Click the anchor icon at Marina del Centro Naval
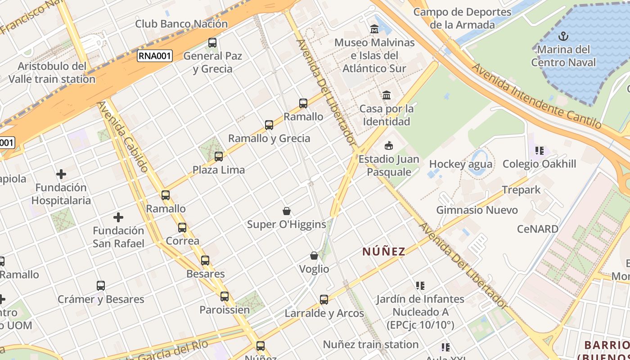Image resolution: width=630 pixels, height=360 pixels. coord(562,36)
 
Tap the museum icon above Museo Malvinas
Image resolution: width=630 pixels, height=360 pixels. coord(374,29)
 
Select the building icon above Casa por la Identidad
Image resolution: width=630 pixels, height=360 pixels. coord(387,95)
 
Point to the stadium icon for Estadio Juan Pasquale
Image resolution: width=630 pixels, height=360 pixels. coord(388,145)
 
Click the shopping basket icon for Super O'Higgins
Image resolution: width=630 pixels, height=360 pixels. coord(286,211)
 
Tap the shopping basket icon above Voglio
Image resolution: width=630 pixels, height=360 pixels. coord(314,256)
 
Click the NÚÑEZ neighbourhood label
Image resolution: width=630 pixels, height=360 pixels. coord(384,252)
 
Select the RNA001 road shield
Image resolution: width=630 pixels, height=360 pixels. coord(155,56)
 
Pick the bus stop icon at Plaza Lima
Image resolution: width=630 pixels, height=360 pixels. coord(219,157)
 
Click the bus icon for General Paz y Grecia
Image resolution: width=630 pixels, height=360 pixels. coord(212,43)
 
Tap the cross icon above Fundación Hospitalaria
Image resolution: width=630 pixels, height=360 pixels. coord(61,174)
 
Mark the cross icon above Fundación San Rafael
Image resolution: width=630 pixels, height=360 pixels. coord(118,218)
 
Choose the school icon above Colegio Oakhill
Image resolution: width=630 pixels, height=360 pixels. coord(539,151)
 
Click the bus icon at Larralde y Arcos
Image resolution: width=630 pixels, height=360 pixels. coord(324,300)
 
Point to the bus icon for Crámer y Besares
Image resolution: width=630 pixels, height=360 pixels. coord(101,286)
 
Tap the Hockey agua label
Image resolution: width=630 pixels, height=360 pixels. coord(460,164)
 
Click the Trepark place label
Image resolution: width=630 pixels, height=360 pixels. coord(521,190)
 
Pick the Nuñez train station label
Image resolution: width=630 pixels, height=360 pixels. coord(371,345)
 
